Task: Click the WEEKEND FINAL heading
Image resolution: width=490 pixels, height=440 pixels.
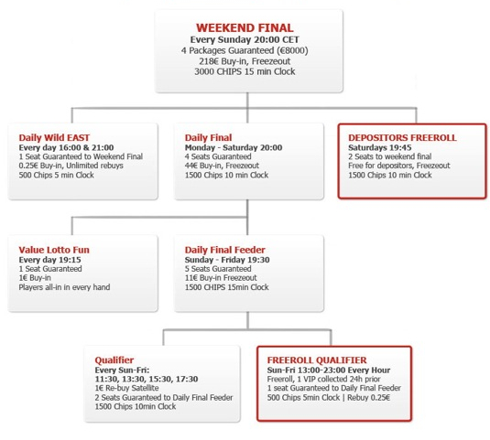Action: pyautogui.click(x=245, y=27)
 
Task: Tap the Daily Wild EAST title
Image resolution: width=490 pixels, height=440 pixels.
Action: pyautogui.click(x=54, y=137)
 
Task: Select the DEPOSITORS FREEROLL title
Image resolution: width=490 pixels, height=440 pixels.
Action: pyautogui.click(x=402, y=137)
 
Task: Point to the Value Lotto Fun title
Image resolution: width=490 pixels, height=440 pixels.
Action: pyautogui.click(x=54, y=250)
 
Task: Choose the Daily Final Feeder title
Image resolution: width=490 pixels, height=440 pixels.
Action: pyautogui.click(x=225, y=250)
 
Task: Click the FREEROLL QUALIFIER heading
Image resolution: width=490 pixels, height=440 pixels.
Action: pyautogui.click(x=317, y=360)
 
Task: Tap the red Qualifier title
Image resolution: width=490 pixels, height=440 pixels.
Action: pyautogui.click(x=114, y=360)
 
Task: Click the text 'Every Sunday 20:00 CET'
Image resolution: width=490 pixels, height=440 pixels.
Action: pyautogui.click(x=245, y=39)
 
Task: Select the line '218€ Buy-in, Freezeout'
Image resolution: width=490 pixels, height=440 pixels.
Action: pyautogui.click(x=245, y=61)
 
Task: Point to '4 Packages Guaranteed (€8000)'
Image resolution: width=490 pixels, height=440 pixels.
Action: pyautogui.click(x=245, y=50)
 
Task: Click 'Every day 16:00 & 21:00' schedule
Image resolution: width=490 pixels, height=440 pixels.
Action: pyautogui.click(x=66, y=147)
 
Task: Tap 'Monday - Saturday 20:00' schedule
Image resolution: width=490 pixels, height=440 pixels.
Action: pyautogui.click(x=234, y=147)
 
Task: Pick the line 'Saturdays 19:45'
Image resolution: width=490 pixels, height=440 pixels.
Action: pyautogui.click(x=380, y=147)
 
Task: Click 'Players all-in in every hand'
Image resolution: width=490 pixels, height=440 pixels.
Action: pyautogui.click(x=64, y=287)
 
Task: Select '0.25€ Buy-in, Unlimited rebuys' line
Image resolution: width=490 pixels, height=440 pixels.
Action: pyautogui.click(x=71, y=166)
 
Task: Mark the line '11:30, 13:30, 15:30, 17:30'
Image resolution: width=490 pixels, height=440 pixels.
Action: pyautogui.click(x=147, y=379)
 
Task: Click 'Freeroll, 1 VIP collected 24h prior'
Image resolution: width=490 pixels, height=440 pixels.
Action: pyautogui.click(x=323, y=379)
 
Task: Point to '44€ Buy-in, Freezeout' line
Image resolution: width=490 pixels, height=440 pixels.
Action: pyautogui.click(x=222, y=166)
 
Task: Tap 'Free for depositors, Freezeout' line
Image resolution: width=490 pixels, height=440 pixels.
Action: pyautogui.click(x=399, y=166)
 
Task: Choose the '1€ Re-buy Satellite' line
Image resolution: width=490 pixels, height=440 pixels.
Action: pyautogui.click(x=127, y=388)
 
